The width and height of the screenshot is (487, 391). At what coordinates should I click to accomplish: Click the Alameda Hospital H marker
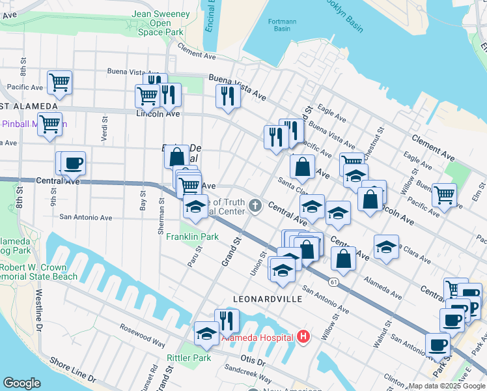(x=303, y=336)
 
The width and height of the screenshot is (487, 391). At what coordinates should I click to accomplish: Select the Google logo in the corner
(x=22, y=383)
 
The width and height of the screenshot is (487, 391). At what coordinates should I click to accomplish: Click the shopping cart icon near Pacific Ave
(x=59, y=82)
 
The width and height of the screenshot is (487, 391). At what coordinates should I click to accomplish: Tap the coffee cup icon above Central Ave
(x=74, y=163)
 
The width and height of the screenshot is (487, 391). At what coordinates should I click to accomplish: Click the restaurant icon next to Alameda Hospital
(x=227, y=320)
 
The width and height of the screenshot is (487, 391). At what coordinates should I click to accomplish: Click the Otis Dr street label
(x=253, y=361)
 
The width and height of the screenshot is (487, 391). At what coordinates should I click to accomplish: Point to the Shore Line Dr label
(x=73, y=369)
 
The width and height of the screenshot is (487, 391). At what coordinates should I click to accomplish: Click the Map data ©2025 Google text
(x=447, y=386)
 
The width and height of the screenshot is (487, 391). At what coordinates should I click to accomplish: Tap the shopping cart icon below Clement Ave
(x=444, y=194)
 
